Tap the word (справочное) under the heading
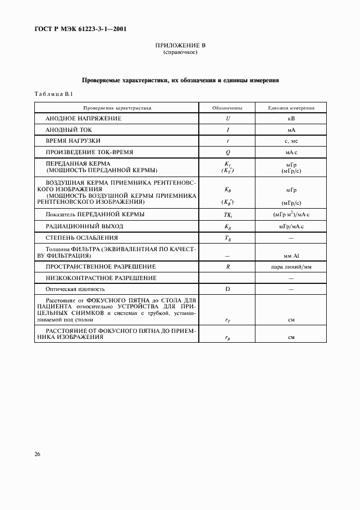pos(180,53)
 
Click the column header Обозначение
pos(227,108)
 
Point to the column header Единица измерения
pos(291,108)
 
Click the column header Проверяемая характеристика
pos(117,108)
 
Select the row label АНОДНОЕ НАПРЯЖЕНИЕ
pos(83,118)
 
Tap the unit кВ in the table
pos(291,118)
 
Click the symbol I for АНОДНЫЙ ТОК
pos(227,130)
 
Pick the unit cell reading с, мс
pos(291,141)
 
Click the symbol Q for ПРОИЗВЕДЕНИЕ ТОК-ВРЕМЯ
pos(227,153)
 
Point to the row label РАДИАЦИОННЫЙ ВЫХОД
pos(84,226)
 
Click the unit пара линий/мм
pos(291,266)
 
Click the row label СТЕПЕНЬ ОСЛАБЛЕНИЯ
pos(82,238)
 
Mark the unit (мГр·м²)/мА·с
pos(291,215)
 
